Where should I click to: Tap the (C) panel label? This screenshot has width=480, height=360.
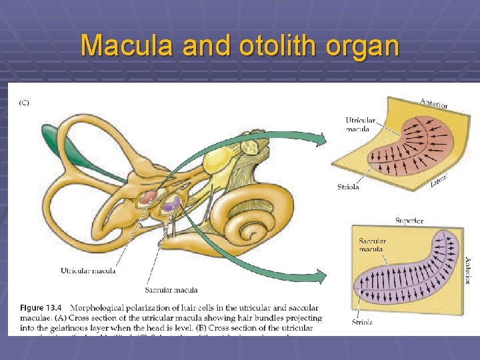click(x=24, y=103)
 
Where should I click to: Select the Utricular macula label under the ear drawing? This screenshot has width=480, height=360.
click(x=88, y=271)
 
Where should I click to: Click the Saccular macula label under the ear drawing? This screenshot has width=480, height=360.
click(x=171, y=290)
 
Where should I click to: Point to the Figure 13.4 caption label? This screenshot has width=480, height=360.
click(x=41, y=308)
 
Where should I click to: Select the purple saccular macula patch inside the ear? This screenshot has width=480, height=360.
click(x=171, y=203)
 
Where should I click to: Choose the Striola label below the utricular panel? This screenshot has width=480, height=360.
click(x=348, y=187)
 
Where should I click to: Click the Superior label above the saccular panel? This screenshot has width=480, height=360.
click(x=409, y=220)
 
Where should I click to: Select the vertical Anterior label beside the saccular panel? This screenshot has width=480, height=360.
click(x=467, y=271)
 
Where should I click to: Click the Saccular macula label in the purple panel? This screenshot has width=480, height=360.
click(x=373, y=245)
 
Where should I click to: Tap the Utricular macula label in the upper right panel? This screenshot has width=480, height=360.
click(x=361, y=125)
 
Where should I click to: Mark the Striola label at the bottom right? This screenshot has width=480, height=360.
click(x=362, y=323)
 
